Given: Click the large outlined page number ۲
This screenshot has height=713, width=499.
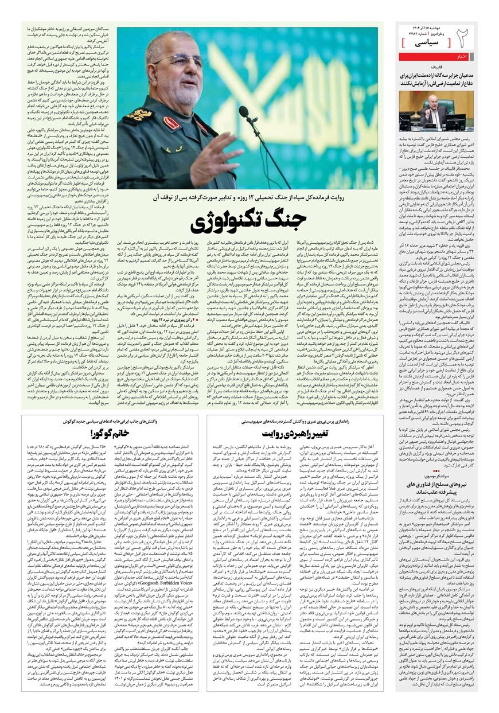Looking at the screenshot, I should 463,39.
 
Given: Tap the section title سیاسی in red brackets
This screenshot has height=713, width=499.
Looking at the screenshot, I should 423,42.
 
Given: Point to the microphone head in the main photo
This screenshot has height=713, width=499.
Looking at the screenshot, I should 244,111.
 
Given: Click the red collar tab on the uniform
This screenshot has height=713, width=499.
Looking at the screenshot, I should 171,122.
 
